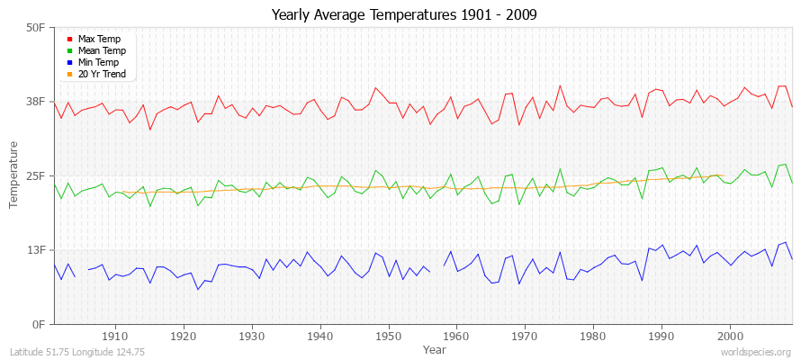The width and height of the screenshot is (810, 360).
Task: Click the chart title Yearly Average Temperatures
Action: (x=404, y=15)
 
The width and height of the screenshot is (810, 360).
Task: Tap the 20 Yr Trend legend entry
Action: (x=102, y=75)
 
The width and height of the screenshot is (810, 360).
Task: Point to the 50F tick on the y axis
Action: (x=35, y=28)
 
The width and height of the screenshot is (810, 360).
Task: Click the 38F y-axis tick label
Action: (x=35, y=102)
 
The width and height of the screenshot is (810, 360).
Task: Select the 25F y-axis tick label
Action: (x=35, y=175)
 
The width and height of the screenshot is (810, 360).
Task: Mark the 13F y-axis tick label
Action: (x=35, y=250)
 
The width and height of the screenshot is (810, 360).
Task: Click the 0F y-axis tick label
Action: (x=39, y=324)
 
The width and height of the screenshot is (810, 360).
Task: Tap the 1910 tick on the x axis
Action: (x=115, y=337)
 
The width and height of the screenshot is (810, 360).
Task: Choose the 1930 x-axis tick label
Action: (x=252, y=337)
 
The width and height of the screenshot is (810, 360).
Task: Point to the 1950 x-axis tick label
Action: (x=389, y=337)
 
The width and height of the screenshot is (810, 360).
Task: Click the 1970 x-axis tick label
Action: (x=525, y=337)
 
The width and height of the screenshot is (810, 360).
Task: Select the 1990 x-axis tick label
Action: (x=661, y=337)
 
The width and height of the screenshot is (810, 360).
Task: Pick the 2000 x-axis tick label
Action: (x=730, y=337)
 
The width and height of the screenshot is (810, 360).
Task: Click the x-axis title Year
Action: (x=434, y=348)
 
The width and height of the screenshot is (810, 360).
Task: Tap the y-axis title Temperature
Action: (x=14, y=175)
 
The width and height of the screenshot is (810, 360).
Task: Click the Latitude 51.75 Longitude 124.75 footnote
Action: (x=78, y=352)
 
